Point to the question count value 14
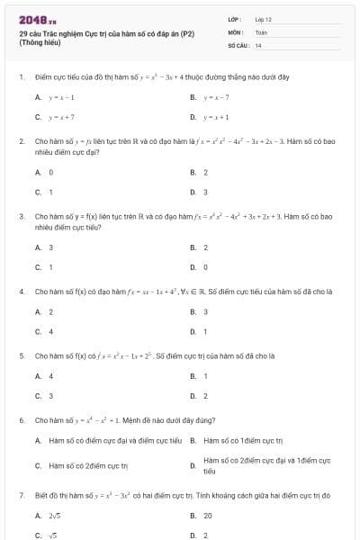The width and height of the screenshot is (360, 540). [x=258, y=45]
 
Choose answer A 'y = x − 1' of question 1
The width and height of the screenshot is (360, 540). [x=61, y=97]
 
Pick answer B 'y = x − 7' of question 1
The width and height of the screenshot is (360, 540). [x=217, y=97]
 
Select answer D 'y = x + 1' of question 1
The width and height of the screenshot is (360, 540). [x=217, y=117]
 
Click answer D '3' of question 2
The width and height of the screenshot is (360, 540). [x=205, y=192]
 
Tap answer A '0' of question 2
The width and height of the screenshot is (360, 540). [x=50, y=172]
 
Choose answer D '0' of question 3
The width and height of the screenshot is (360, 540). [x=205, y=267]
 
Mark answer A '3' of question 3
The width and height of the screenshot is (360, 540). [x=50, y=247]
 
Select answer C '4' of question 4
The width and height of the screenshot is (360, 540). [x=50, y=331]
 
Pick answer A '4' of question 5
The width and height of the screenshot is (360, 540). [x=50, y=376]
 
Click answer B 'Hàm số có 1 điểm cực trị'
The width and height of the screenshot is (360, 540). [x=243, y=440]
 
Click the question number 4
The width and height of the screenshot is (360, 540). [x=21, y=292]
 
